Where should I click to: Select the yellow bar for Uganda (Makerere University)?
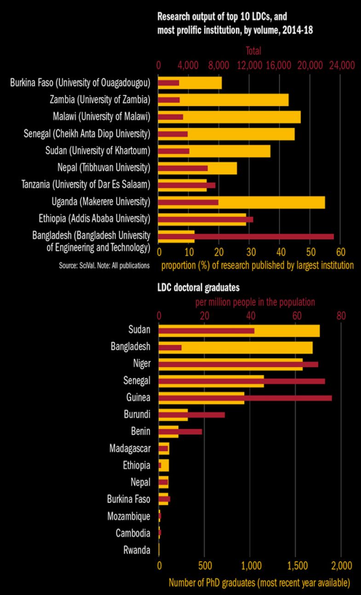point(276,198)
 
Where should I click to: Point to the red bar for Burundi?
point(207,414)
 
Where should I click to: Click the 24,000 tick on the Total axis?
point(340,65)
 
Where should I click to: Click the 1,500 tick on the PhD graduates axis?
point(295,563)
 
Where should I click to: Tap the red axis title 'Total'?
point(253,51)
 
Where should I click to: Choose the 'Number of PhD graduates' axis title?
point(259,583)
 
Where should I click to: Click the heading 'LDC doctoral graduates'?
point(199,288)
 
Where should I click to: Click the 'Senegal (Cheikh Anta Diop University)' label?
point(87,134)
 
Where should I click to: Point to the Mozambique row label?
point(128,516)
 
